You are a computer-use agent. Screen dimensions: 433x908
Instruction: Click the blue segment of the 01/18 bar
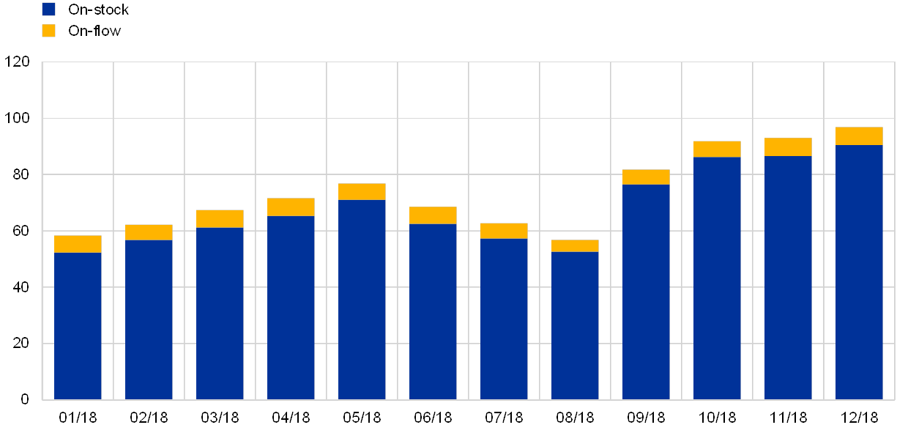(x=78, y=326)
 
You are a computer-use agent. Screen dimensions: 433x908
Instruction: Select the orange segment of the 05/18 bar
(x=362, y=191)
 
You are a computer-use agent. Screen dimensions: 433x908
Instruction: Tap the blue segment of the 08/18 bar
(x=575, y=326)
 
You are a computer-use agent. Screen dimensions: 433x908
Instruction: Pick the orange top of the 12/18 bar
(x=859, y=136)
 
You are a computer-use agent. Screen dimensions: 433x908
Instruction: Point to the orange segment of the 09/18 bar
(x=646, y=177)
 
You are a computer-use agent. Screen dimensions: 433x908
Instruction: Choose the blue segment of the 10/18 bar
(x=717, y=278)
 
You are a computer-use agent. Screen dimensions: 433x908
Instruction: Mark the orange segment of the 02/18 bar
(x=149, y=232)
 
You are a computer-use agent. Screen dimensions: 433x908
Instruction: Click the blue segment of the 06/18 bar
(x=433, y=311)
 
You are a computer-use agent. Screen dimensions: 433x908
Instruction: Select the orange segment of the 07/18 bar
(x=504, y=231)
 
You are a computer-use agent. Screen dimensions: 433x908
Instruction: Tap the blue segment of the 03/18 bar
(x=220, y=314)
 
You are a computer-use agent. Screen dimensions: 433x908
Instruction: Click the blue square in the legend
(x=49, y=10)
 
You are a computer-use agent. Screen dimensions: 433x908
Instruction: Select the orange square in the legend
(x=49, y=31)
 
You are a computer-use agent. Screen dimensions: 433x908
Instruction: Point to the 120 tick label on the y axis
(x=18, y=62)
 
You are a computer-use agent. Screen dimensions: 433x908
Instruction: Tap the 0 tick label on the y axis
(x=25, y=399)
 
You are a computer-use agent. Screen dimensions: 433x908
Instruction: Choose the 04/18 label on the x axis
(x=291, y=418)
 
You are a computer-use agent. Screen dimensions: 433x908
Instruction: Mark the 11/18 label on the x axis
(x=788, y=418)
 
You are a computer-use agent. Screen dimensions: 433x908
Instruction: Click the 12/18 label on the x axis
(x=859, y=418)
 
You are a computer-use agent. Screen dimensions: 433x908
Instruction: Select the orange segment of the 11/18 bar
(x=788, y=147)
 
